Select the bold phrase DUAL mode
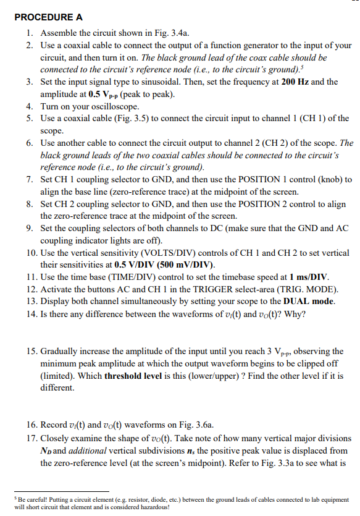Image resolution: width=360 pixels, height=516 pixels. tap(305, 300)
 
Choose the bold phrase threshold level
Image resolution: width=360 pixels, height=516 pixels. tap(138, 376)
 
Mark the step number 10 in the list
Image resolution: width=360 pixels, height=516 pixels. tap(32, 252)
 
